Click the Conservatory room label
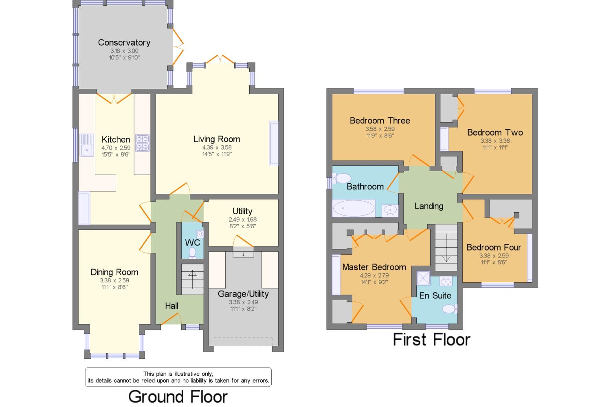point(124,42)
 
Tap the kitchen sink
point(86,145)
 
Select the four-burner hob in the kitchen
point(143,143)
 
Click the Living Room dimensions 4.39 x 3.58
point(217,147)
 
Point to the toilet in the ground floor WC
point(192,253)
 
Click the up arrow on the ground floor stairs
point(192,279)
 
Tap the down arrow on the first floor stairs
point(446,247)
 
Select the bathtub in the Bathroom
point(354,209)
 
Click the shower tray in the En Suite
point(423,278)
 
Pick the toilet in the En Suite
point(450,309)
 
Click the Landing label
point(429,206)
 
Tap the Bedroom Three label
point(380,121)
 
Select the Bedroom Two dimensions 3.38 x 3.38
point(495,141)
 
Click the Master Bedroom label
point(374,267)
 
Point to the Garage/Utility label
point(243,294)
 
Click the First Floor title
point(431,340)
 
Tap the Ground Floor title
point(178,397)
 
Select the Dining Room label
point(114,272)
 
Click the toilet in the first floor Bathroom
point(342,178)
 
